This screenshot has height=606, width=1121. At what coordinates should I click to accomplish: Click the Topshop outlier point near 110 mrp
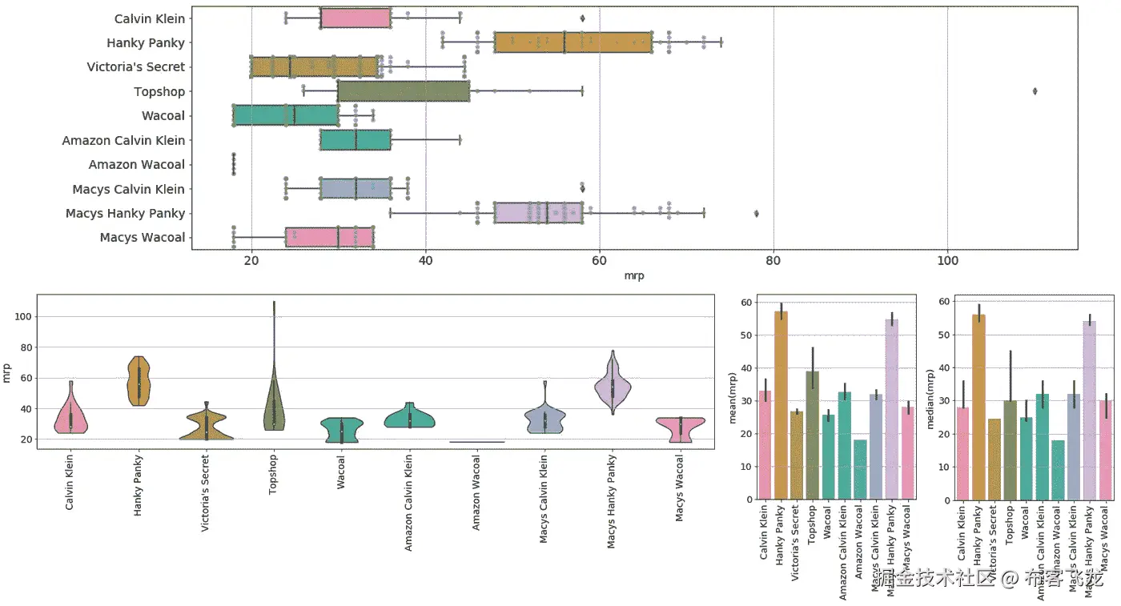coord(1035,91)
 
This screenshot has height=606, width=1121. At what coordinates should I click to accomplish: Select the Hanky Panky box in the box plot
coord(573,42)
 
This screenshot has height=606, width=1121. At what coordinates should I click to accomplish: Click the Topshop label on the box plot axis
coord(159,91)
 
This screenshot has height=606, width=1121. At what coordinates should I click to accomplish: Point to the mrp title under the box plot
coord(635,276)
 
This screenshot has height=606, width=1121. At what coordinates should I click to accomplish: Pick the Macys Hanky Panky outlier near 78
coord(757,214)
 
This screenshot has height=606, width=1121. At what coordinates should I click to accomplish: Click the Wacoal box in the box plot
coord(286,115)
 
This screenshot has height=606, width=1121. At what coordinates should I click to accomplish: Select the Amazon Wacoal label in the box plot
coord(137,165)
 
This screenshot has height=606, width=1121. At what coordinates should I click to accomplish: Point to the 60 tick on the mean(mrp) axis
coord(747,303)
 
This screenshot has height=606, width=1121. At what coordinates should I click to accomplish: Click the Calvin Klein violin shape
coord(70,416)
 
